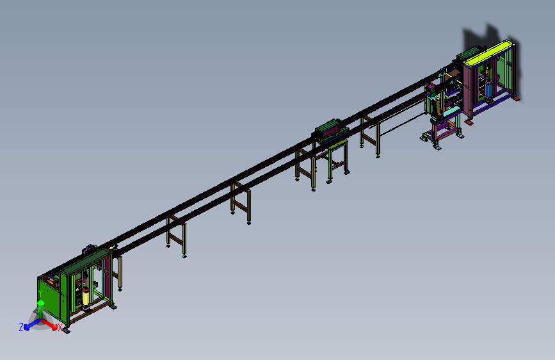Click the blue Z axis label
(21, 327)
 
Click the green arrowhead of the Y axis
(41, 303)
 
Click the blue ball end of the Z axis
(27, 327)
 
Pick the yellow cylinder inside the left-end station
(86, 297)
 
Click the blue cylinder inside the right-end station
(489, 88)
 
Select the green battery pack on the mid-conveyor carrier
(328, 126)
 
